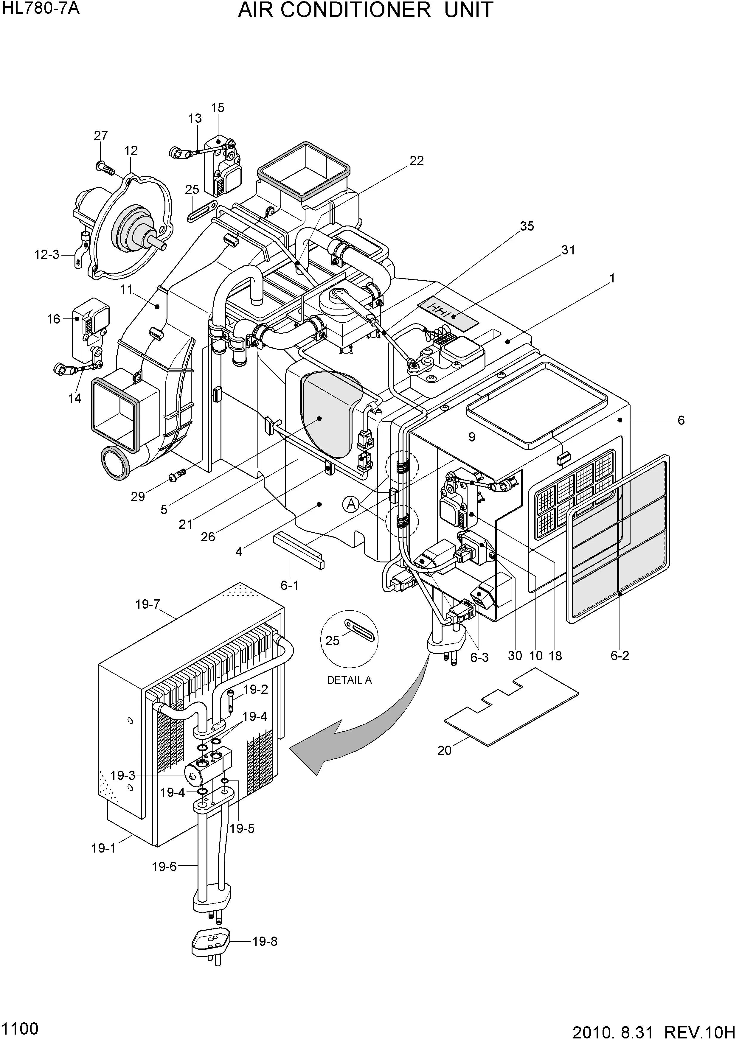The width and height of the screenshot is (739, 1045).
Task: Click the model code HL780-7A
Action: (41, 8)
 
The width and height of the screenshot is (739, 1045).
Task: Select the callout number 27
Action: (101, 136)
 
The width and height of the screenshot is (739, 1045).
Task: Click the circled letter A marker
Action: (351, 504)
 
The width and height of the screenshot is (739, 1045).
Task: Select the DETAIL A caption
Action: (349, 680)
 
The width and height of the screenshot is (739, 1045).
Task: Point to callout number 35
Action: (527, 226)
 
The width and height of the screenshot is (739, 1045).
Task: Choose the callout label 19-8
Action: (265, 942)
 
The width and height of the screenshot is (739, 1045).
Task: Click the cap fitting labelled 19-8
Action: (210, 942)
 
